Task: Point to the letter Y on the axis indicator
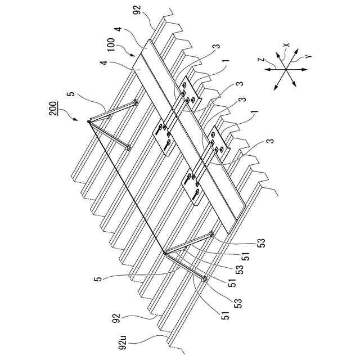309,57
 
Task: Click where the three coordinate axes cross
287,69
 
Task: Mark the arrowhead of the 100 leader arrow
134,57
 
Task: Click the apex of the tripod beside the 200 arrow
89,120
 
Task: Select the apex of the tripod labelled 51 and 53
164,254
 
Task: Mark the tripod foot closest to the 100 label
136,102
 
